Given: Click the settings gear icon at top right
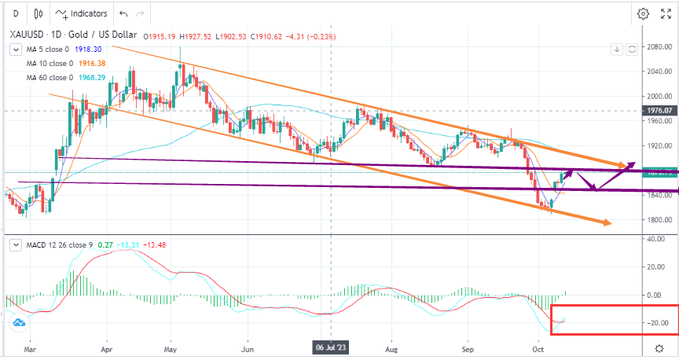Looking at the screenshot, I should (643, 13).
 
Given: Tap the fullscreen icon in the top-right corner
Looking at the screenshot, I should (666, 13).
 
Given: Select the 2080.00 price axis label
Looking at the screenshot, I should (658, 46).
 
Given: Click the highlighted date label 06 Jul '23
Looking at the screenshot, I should (331, 347).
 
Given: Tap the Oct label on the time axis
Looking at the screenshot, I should (538, 347).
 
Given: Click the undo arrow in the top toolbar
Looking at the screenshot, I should (123, 13).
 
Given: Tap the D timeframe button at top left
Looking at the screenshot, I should (16, 13).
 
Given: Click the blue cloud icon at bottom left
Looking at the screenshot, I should (17, 321).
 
